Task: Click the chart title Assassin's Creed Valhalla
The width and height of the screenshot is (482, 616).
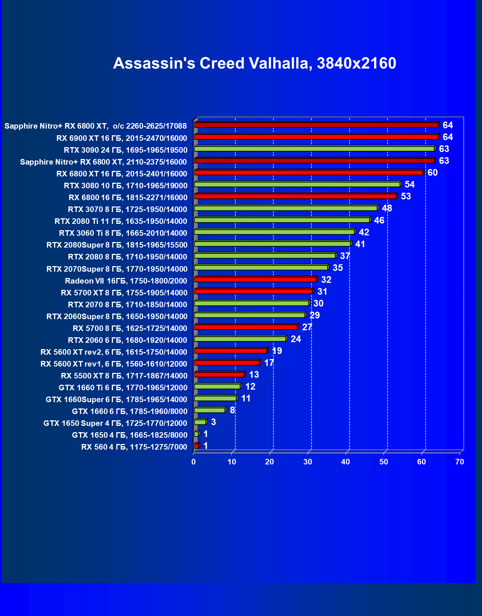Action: pos(254,63)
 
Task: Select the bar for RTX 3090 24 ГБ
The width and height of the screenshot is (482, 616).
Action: pos(314,149)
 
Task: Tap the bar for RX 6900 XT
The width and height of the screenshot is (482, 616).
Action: pos(316,137)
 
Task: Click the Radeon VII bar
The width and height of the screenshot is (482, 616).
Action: pos(255,279)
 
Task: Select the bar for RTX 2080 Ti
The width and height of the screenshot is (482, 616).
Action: pos(282,220)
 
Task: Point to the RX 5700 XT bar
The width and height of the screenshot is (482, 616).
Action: pos(254,291)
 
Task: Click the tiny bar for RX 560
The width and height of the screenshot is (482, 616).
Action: pos(197,446)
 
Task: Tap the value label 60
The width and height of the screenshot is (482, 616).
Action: pos(432,173)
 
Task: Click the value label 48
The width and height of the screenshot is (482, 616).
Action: pos(387,208)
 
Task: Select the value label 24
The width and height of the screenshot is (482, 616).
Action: pos(296,339)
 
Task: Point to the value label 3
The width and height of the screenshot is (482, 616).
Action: pos(213,422)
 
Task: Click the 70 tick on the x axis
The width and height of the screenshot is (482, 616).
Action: pos(459,462)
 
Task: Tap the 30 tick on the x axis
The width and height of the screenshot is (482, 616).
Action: pos(307,462)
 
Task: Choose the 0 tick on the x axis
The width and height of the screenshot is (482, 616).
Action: pos(194,462)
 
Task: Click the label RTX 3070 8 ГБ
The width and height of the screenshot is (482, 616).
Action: pos(128,209)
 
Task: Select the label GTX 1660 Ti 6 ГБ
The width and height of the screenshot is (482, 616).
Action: pos(123,388)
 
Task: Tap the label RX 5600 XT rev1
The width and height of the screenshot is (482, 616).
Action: pos(114,364)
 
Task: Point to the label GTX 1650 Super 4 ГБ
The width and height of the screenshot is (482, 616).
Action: pos(115,423)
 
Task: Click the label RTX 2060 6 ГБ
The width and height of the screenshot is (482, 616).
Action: pos(128,340)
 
